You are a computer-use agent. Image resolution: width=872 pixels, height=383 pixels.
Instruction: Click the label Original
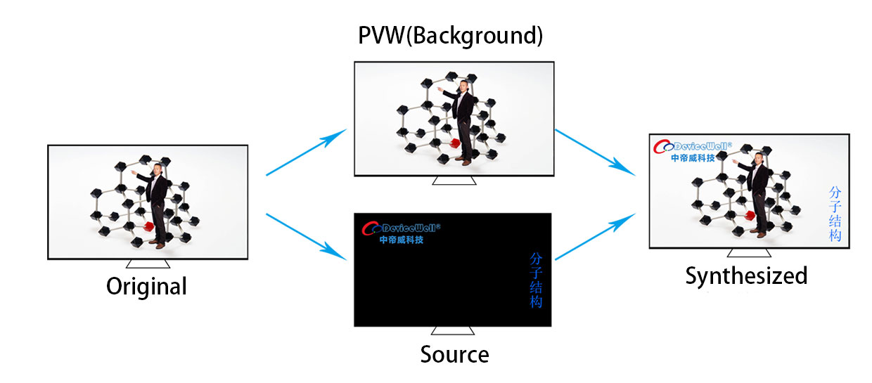click(x=146, y=287)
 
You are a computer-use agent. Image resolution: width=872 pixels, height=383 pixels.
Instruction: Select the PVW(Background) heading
click(x=450, y=35)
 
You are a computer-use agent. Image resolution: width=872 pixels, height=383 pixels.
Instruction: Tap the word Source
click(x=455, y=355)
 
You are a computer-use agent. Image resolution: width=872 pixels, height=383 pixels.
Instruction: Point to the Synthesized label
click(x=746, y=276)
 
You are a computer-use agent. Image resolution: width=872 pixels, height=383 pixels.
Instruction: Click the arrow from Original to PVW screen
click(x=307, y=152)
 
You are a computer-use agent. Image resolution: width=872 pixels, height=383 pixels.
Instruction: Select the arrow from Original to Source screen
click(x=307, y=237)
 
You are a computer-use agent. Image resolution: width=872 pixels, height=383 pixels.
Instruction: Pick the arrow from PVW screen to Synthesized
click(x=595, y=152)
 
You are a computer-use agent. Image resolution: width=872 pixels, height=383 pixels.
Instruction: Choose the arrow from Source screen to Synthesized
click(x=595, y=236)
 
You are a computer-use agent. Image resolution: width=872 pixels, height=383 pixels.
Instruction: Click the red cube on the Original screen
click(x=148, y=226)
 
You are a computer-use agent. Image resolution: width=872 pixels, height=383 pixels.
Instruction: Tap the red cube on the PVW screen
click(x=455, y=143)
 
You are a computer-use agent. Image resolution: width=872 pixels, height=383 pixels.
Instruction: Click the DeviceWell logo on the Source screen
click(x=401, y=233)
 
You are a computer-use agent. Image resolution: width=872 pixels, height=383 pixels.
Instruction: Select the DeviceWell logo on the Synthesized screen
click(x=693, y=151)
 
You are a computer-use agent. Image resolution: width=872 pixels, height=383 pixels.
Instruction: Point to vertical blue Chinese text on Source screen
click(x=536, y=280)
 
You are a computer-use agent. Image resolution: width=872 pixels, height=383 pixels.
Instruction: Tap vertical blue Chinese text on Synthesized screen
click(x=835, y=214)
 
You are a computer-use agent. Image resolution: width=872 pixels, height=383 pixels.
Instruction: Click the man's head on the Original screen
click(x=158, y=169)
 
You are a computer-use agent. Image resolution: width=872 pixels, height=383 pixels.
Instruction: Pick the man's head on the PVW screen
click(x=463, y=86)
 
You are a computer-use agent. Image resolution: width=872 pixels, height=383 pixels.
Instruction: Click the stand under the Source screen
click(x=453, y=330)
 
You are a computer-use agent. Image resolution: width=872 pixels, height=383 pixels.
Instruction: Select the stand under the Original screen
click(x=148, y=264)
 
